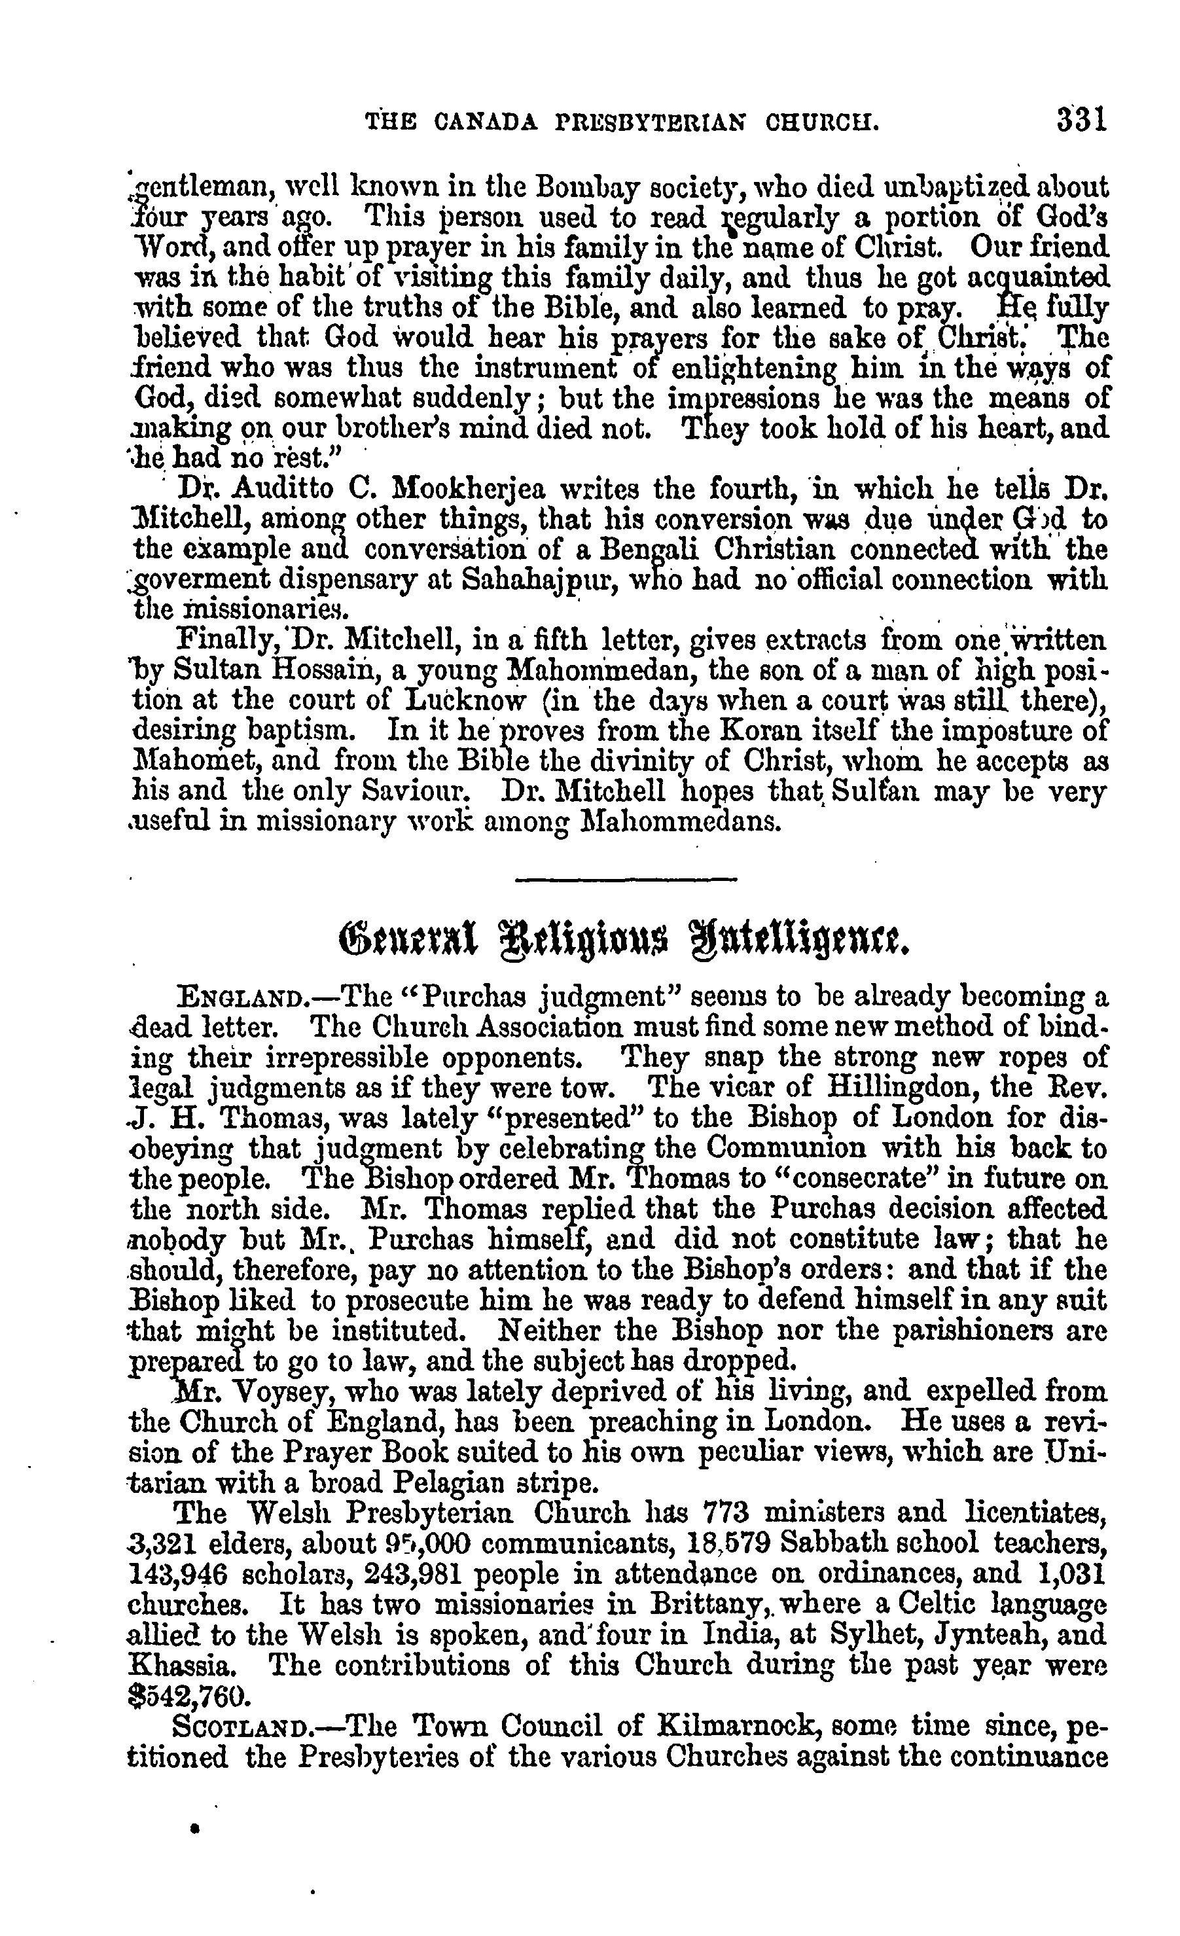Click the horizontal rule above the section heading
tap(626, 878)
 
